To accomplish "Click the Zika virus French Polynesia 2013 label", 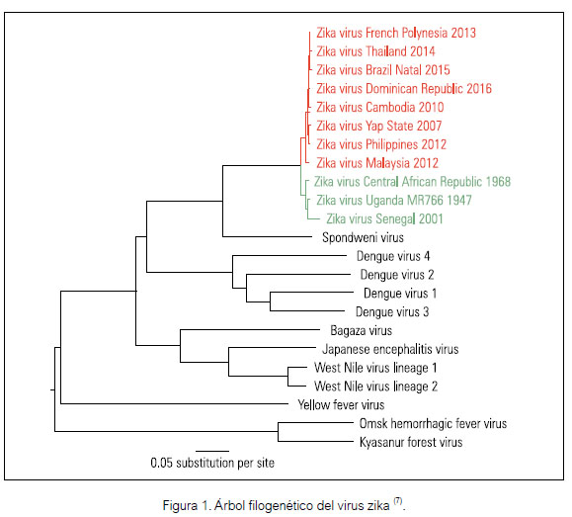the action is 396,33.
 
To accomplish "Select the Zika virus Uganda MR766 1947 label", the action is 393,200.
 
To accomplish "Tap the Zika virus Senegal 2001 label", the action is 384,219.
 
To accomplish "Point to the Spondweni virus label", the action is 363,237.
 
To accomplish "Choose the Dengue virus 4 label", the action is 393,256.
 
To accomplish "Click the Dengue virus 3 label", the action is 392,312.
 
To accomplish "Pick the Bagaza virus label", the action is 362,331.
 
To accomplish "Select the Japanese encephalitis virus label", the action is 390,349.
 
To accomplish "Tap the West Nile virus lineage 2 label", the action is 375,387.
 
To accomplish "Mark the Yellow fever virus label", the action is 341,405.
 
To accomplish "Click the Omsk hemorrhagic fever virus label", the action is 433,423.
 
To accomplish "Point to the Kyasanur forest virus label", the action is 411,443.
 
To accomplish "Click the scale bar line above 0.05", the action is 212,452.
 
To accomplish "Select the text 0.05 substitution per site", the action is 212,463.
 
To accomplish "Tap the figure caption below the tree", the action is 284,505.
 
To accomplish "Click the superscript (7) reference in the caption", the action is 397,501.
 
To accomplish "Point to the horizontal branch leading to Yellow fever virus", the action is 175,404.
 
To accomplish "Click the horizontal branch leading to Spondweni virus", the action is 268,236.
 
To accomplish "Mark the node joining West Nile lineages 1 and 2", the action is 287,376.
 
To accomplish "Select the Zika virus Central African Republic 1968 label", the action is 412,182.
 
